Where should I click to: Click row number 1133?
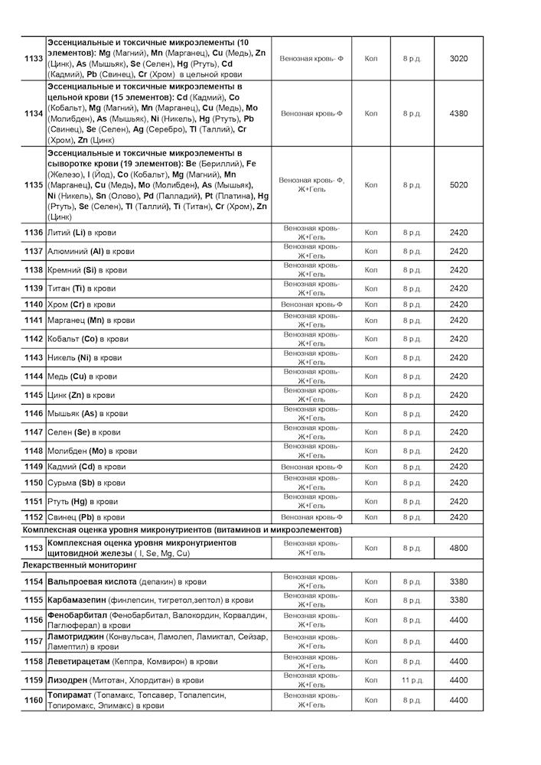point(34,58)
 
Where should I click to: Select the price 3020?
point(458,58)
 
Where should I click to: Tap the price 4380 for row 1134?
point(458,113)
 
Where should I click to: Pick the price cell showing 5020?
point(458,184)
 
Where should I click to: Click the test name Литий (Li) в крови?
point(82,233)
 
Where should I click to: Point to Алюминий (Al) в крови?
point(87,251)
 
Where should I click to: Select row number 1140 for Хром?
point(34,304)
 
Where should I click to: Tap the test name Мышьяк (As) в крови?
point(87,414)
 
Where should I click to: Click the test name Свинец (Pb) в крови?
point(86,517)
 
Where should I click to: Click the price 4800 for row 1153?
point(458,548)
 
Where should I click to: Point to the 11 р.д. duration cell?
point(412,680)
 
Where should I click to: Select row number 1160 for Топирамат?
point(34,700)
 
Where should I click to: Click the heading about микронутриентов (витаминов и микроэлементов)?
point(182,530)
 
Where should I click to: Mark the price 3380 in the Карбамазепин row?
point(458,601)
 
